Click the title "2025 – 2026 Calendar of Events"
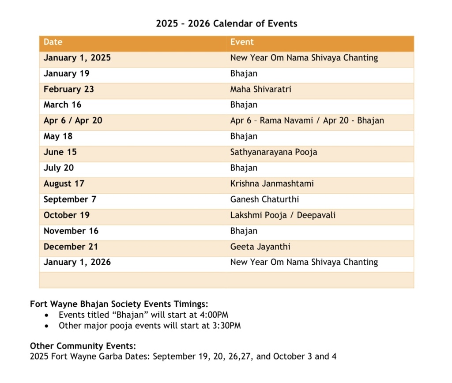point(226,23)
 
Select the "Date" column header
point(53,42)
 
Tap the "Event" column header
point(242,42)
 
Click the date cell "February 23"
point(69,89)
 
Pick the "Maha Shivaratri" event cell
point(260,89)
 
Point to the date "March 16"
point(63,105)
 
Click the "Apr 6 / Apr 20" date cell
point(73,120)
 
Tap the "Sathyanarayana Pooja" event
point(274,152)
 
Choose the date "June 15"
point(60,152)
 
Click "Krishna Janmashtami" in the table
point(272,184)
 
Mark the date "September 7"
point(70,199)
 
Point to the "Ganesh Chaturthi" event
point(264,199)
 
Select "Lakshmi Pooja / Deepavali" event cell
point(283,215)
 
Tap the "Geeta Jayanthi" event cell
point(260,247)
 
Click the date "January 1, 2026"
point(77,263)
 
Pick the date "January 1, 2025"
point(77,58)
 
